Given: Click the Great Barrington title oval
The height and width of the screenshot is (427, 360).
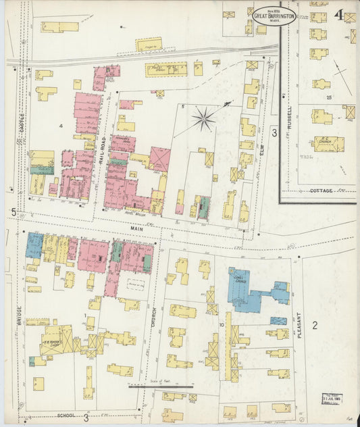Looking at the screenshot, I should [x=274, y=16].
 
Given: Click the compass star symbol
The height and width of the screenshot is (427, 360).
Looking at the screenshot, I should [x=203, y=120].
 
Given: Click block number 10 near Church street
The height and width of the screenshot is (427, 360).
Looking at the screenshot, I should [x=222, y=325].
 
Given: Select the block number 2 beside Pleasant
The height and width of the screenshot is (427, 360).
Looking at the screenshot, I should [x=314, y=326].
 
